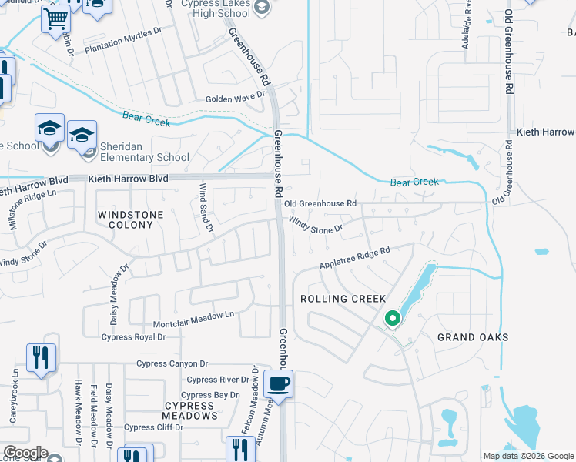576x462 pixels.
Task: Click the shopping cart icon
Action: (56, 18)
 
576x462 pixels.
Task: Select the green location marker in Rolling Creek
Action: (392, 317)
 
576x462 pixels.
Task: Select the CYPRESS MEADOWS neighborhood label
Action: (189, 410)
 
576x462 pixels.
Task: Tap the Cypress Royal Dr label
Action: (133, 336)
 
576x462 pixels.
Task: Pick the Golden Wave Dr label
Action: (234, 99)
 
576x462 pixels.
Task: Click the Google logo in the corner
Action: (26, 453)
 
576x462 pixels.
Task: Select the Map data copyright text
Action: (528, 456)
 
